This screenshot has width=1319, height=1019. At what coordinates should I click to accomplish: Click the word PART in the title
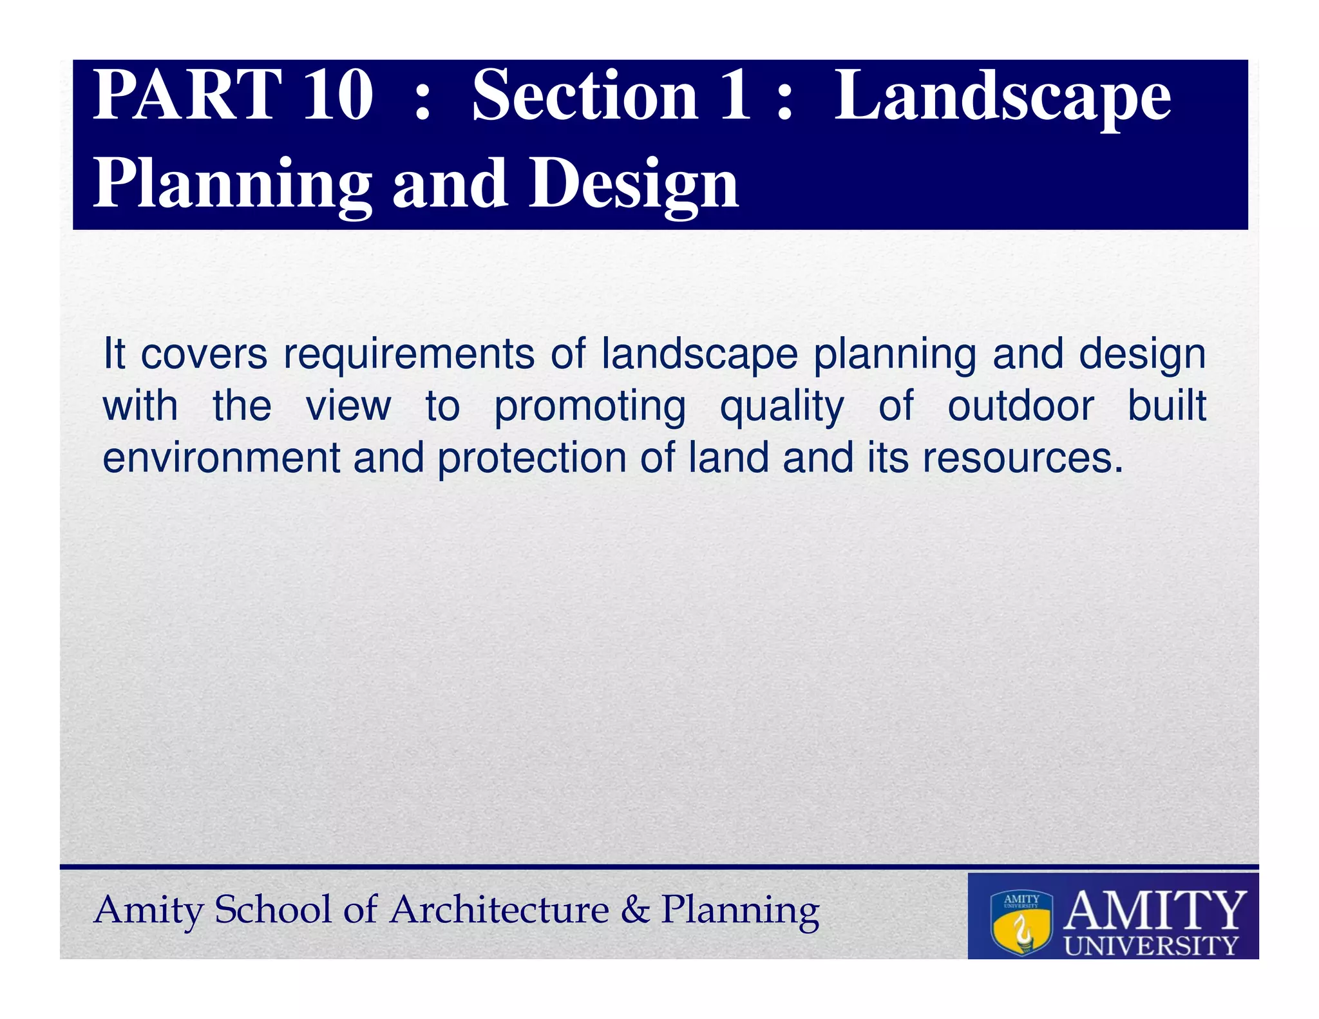pos(187,97)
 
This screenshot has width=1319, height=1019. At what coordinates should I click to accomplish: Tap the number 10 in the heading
pos(337,97)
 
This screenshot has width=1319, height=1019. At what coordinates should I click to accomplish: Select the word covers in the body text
pos(204,354)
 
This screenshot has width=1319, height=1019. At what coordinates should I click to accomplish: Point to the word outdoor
pos(1020,406)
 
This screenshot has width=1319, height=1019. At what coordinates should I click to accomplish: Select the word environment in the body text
pos(221,459)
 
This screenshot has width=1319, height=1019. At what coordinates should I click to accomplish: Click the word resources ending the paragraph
pos(1022,459)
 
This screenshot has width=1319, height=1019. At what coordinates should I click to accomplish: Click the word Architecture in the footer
pos(499,910)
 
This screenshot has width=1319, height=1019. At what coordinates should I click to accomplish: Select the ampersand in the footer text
pos(635,910)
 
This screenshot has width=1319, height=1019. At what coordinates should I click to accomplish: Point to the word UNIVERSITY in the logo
pos(1151,946)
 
